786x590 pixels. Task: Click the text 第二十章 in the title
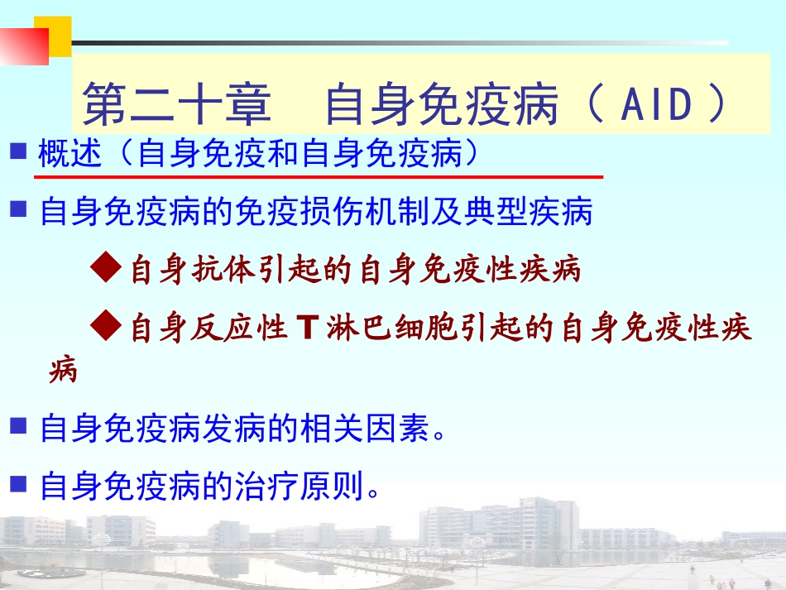tap(177, 104)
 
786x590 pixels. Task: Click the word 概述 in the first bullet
tap(71, 154)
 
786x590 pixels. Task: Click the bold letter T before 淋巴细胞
tap(305, 329)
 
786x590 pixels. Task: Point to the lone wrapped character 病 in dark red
tap(63, 370)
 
